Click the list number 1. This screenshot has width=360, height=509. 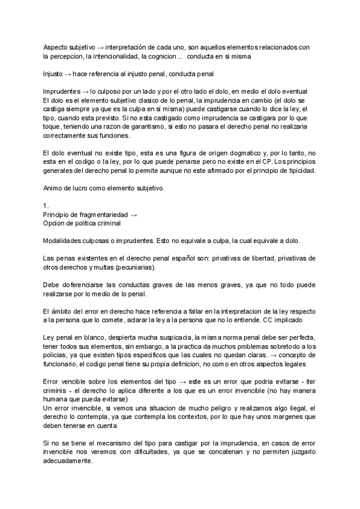[x=46, y=205]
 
